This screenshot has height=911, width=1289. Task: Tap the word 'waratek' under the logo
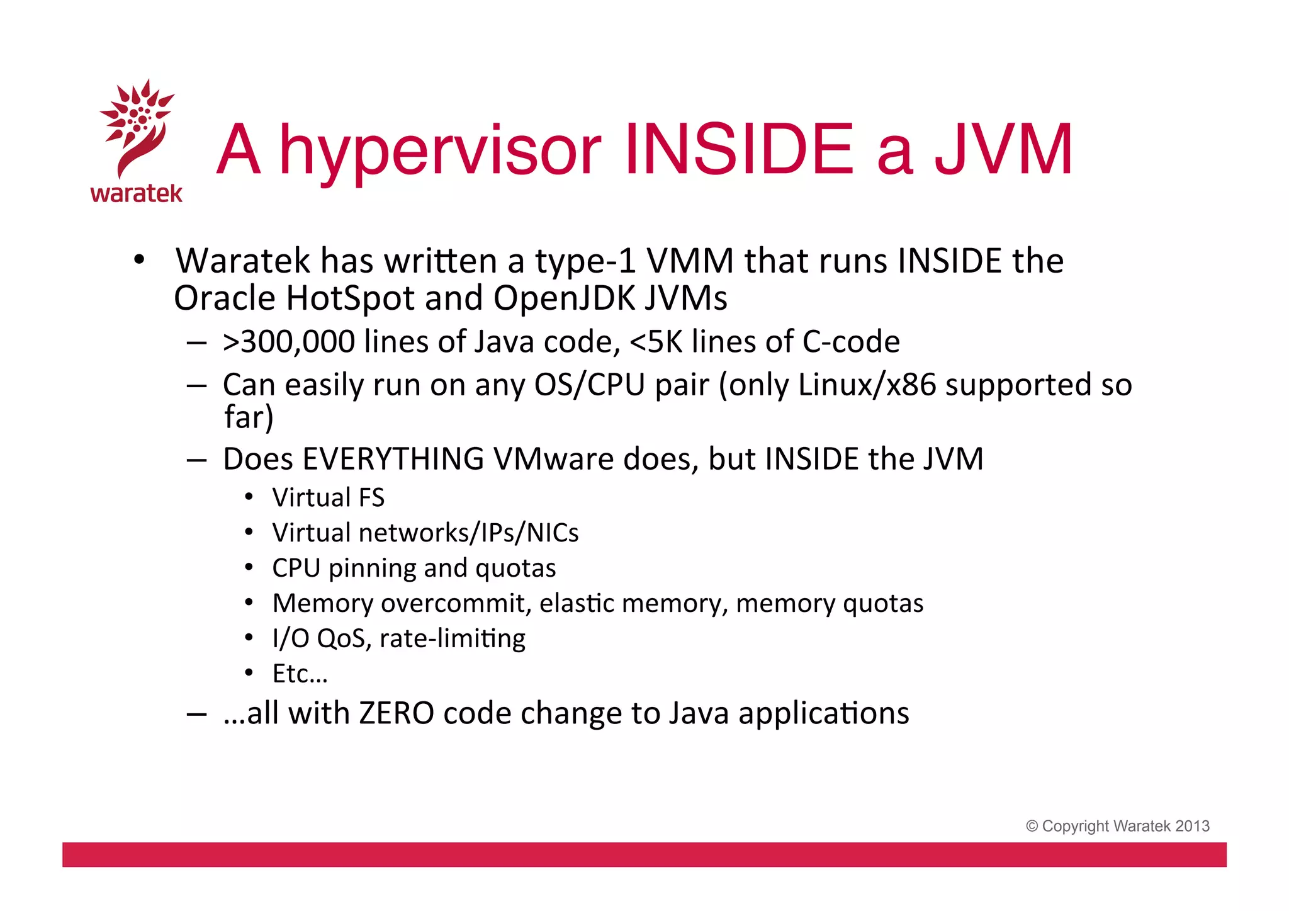(137, 193)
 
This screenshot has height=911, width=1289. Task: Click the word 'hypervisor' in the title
(440, 150)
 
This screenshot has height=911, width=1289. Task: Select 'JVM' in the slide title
(1003, 150)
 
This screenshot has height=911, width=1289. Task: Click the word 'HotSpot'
(349, 298)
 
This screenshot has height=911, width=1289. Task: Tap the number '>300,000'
(289, 342)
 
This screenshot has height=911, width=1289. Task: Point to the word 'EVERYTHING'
(393, 459)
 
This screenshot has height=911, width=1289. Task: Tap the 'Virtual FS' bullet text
(328, 497)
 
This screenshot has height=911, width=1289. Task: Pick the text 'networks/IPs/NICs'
(468, 533)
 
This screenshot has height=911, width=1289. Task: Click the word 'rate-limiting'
(453, 638)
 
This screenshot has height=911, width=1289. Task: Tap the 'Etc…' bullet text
(300, 674)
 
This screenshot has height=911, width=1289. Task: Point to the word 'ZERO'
(397, 713)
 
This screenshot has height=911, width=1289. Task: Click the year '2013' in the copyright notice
(1192, 826)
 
